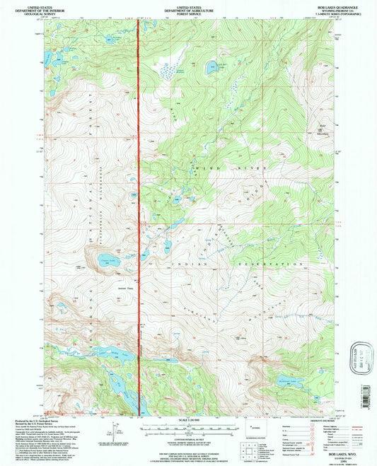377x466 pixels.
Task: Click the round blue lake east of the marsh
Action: click(x=211, y=69)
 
